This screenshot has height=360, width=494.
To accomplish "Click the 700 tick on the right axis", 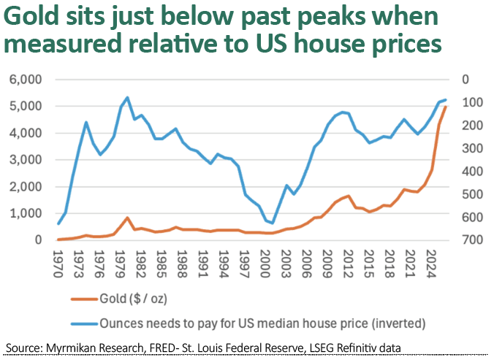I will [x=465, y=240].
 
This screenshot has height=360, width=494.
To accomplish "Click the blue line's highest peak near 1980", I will [x=128, y=97].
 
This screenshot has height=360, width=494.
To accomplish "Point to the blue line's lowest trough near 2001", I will [x=273, y=223].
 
